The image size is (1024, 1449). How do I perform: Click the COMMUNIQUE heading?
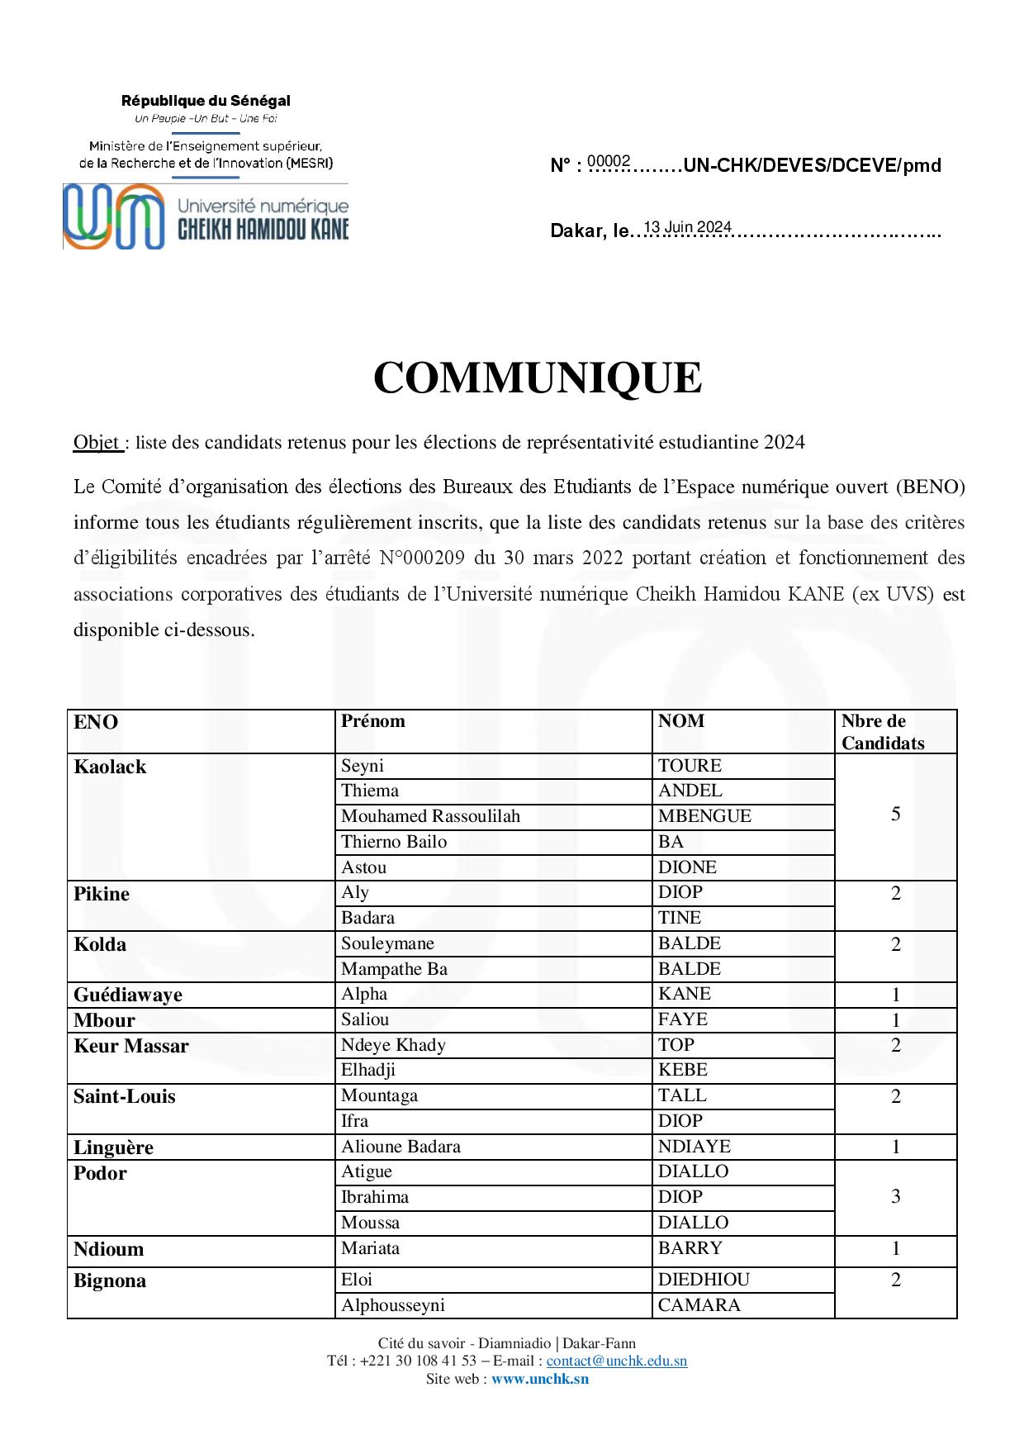pos(538,378)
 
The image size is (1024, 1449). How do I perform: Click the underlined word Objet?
pos(97,443)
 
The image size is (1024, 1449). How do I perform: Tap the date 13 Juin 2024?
pos(687,227)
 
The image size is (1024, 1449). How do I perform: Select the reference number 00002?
pos(609,161)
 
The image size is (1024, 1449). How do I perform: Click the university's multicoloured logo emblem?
pos(113,216)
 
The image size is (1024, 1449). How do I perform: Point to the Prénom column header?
pos(373,721)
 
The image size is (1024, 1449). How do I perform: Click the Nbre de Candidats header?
pos(882,732)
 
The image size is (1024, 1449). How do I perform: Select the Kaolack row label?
pos(110,767)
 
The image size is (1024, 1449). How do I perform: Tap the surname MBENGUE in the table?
pos(704,816)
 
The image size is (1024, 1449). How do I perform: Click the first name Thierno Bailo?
pos(394,842)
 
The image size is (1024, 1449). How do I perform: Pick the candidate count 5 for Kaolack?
pos(895,815)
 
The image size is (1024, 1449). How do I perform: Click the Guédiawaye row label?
pos(128,995)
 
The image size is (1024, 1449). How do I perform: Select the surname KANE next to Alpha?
pos(685,994)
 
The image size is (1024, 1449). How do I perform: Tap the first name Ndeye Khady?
pos(393,1045)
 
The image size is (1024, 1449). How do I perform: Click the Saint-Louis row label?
pos(125,1096)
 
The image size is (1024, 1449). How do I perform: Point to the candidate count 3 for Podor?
pos(895,1197)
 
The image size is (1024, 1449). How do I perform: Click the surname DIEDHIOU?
pos(704,1280)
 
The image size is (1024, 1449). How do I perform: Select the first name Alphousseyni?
pos(393,1305)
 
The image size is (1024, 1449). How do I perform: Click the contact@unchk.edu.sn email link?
pos(616,1361)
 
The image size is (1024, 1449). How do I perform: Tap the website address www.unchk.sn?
pos(540,1378)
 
